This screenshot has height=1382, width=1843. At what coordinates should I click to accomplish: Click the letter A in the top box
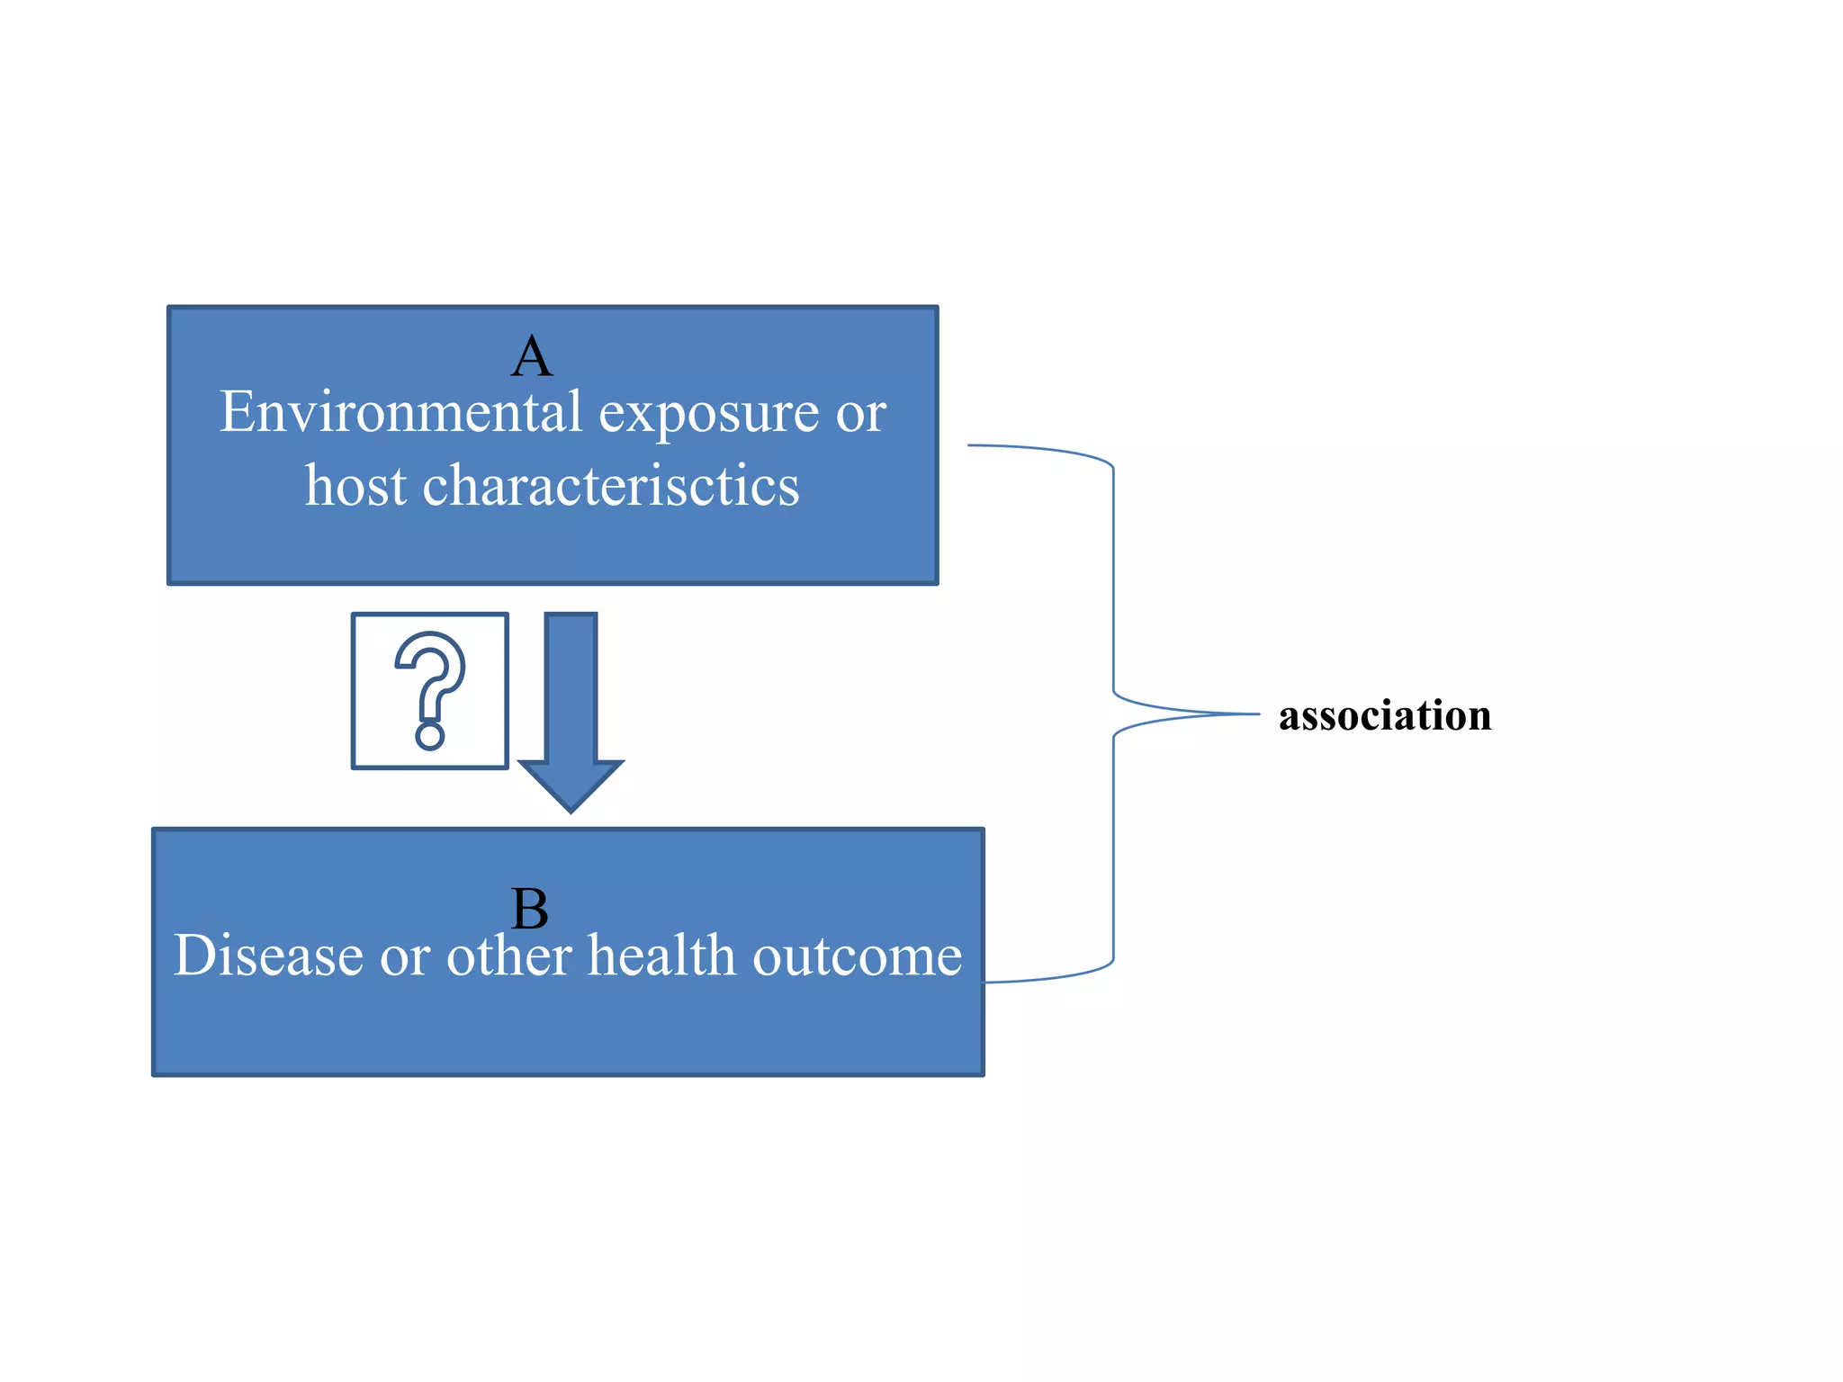(x=532, y=357)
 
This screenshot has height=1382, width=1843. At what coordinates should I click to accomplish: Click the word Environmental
(x=401, y=413)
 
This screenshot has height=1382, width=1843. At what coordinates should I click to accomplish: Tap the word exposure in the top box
(x=709, y=416)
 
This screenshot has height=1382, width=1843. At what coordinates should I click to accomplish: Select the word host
(x=355, y=486)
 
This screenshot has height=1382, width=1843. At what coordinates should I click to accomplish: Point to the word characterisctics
(x=611, y=486)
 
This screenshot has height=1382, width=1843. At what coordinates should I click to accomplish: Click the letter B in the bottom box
(x=529, y=909)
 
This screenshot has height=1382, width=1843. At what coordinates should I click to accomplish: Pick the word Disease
(x=267, y=956)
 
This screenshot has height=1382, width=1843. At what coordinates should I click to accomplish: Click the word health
(x=661, y=956)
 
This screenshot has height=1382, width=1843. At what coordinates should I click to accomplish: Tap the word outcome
(x=857, y=957)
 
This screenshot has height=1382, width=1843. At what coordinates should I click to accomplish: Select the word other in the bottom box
(x=509, y=956)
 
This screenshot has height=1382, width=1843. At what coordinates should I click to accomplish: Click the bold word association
(x=1385, y=716)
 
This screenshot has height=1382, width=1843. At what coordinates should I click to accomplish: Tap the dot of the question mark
(x=430, y=736)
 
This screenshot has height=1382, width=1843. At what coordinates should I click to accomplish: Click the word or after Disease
(x=404, y=957)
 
